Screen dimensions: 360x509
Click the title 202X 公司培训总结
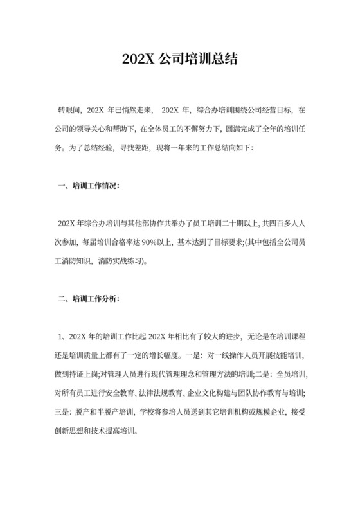coord(179,59)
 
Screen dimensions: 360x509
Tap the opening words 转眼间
coord(69,111)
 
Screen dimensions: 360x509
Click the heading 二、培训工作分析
coord(87,299)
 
